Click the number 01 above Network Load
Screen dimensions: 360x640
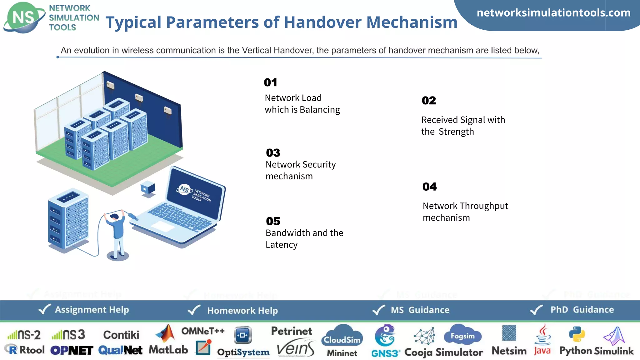tap(270, 82)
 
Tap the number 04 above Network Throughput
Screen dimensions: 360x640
tap(429, 187)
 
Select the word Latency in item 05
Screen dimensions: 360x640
tap(281, 245)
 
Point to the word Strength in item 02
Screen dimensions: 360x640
tap(456, 132)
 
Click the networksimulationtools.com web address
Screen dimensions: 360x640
tap(553, 13)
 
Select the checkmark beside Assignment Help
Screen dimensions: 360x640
tap(44, 309)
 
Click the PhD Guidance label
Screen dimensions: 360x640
tap(582, 310)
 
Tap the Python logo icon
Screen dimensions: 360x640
tap(577, 334)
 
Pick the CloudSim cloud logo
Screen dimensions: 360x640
tap(342, 337)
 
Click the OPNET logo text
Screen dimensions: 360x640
tap(72, 351)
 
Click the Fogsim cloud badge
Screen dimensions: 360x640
tap(462, 335)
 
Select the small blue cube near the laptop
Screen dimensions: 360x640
tap(148, 188)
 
